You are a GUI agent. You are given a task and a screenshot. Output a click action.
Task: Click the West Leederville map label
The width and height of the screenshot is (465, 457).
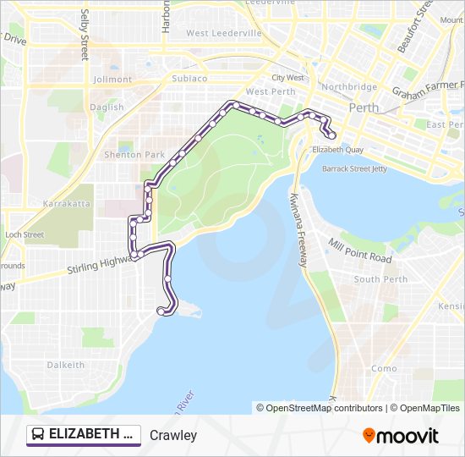pos(224,34)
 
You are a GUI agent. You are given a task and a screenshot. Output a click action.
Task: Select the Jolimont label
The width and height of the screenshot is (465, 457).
pos(112,80)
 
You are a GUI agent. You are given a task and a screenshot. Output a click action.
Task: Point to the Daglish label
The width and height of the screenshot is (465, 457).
pos(107,107)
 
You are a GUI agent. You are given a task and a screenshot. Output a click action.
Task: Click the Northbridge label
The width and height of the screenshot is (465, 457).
pos(349,87)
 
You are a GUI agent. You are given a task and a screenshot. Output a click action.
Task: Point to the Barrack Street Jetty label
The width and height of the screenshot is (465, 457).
pos(354,168)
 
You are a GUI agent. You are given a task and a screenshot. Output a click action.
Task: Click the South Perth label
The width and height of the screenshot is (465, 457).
pos(380,279)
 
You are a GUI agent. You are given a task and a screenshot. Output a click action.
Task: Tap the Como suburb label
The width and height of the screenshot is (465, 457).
pos(384,369)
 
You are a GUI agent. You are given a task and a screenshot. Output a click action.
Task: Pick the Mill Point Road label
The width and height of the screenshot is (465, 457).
pos(360,251)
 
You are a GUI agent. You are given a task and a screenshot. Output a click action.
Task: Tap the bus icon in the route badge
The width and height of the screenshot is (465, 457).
pos(38,435)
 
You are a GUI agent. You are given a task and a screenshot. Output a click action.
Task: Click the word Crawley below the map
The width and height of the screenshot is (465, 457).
pos(172,436)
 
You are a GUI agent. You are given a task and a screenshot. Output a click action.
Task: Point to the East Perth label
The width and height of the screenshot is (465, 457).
pos(445,124)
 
